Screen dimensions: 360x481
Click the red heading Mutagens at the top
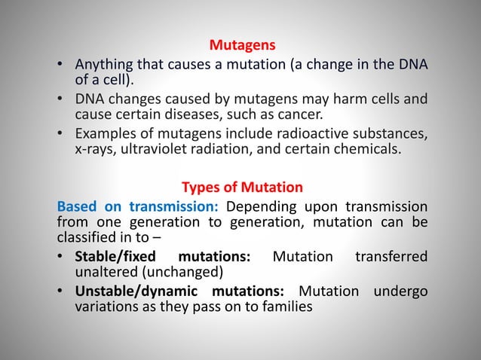coord(240,47)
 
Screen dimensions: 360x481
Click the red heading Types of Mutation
coord(240,187)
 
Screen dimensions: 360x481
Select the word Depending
coord(259,206)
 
